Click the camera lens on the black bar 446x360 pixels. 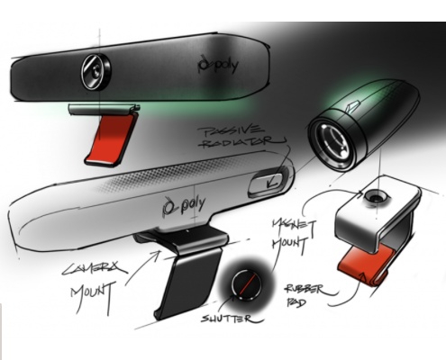pos(96,71)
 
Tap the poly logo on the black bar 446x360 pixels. pos(218,64)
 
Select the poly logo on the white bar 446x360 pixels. pos(184,204)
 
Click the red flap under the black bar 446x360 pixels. pos(111,139)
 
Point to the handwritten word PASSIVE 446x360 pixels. pos(231,131)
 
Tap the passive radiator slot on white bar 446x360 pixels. pos(266,182)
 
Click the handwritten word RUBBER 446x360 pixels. pos(305,290)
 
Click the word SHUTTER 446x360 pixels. pos(226,319)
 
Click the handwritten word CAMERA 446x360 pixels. pos(94,268)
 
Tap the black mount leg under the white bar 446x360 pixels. pos(189,285)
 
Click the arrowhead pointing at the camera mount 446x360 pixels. pos(156,255)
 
